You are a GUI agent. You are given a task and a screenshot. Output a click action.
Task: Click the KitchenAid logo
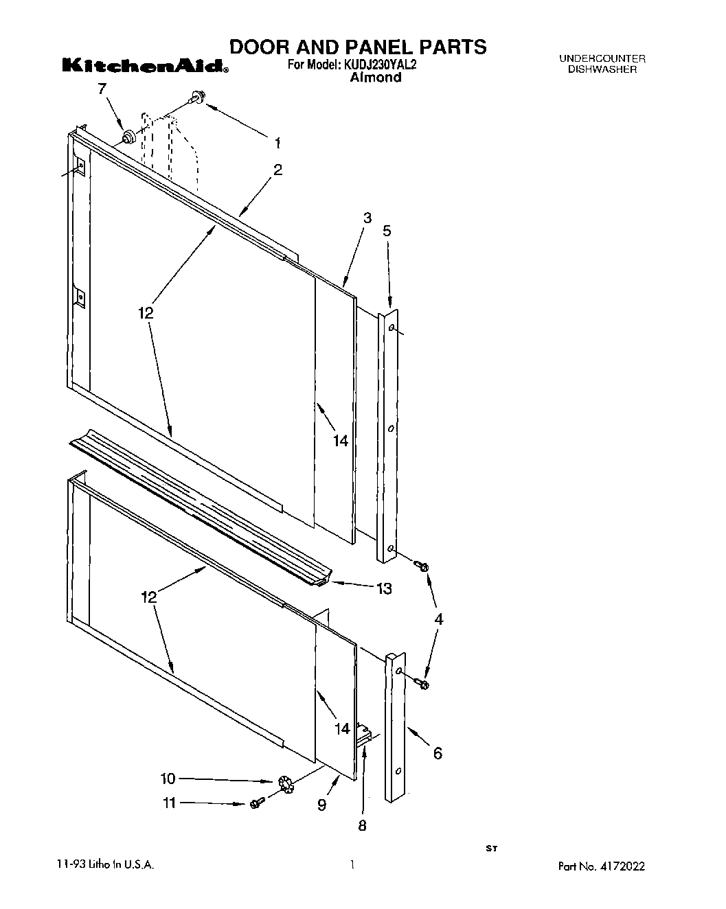pyautogui.click(x=145, y=66)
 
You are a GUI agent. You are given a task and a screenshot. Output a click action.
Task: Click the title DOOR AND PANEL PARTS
pyautogui.click(x=357, y=47)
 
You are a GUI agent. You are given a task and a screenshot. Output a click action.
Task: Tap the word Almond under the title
pyautogui.click(x=375, y=78)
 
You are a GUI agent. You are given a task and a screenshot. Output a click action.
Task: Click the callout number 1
pyautogui.click(x=277, y=143)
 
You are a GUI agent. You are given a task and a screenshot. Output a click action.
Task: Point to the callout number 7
pyautogui.click(x=102, y=89)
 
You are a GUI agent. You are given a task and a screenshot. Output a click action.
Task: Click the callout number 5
pyautogui.click(x=387, y=231)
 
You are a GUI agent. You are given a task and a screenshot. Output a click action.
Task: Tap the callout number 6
pyautogui.click(x=437, y=753)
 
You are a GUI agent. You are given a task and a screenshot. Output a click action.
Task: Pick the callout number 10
pyautogui.click(x=168, y=779)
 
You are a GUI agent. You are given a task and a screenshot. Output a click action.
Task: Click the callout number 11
pyautogui.click(x=169, y=803)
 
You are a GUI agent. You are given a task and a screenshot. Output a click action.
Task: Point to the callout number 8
pyautogui.click(x=362, y=825)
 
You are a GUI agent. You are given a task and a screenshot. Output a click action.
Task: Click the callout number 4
pyautogui.click(x=438, y=619)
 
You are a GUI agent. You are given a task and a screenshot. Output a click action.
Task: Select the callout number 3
pyautogui.click(x=367, y=218)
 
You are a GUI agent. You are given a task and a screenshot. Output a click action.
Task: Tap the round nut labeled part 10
pyautogui.click(x=286, y=783)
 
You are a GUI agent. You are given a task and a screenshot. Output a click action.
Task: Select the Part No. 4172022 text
pyautogui.click(x=602, y=867)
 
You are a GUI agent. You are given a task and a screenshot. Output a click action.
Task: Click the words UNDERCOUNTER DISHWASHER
pyautogui.click(x=602, y=65)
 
